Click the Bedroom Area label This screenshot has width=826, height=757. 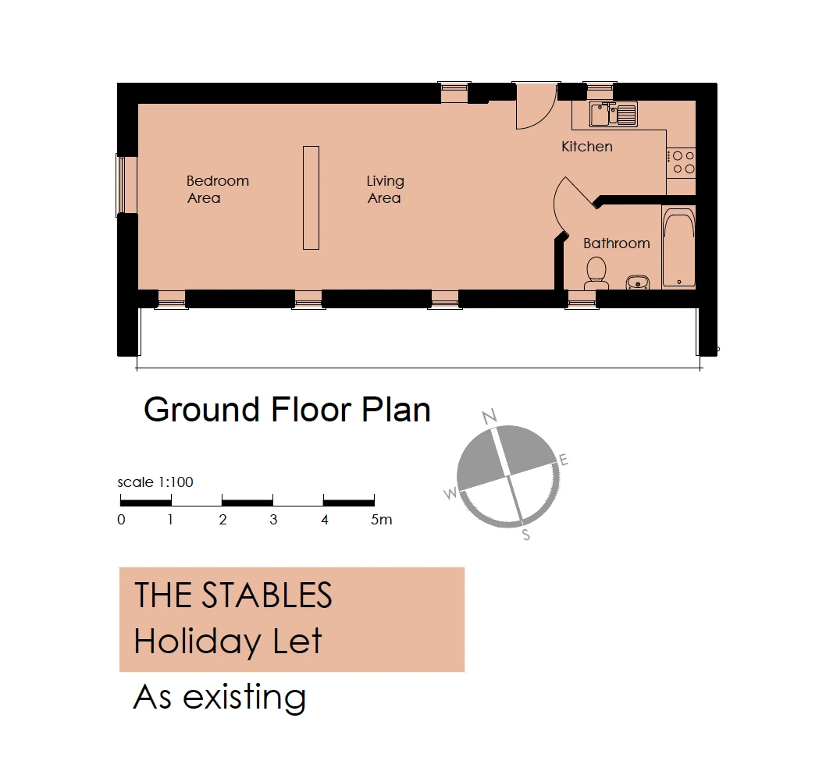point(218,190)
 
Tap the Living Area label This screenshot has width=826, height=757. point(385,190)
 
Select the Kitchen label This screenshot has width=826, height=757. point(587,147)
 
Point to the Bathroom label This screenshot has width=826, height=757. point(616,243)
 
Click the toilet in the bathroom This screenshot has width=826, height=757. point(596,272)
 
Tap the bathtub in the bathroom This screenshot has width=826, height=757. point(678,247)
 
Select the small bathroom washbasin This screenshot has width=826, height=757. point(637,283)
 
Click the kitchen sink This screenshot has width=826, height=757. point(613,114)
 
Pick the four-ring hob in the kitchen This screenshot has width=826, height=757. point(681,162)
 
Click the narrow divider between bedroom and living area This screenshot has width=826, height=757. point(311,197)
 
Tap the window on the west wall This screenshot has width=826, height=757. point(126,185)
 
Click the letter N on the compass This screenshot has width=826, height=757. point(490,417)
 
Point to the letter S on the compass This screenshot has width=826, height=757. point(525,535)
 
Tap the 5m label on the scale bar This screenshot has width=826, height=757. point(382,520)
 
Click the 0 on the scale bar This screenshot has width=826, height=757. point(121,520)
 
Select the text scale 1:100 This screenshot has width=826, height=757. point(155,482)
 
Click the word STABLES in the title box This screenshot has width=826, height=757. point(267,595)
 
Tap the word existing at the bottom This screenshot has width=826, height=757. point(244,698)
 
